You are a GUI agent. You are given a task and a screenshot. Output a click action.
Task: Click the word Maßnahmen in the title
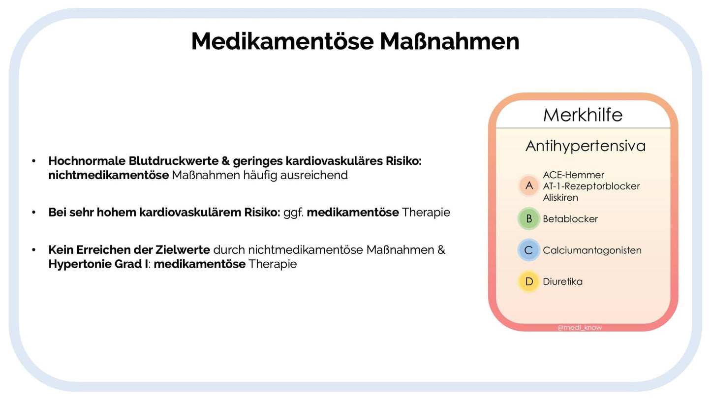point(449,41)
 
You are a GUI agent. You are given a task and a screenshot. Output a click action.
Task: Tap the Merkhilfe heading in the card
point(583,115)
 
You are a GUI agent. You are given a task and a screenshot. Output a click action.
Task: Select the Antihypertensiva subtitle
point(585,146)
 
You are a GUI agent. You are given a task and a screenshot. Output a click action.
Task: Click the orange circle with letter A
point(529,185)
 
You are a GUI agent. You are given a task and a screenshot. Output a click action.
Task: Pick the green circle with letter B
point(529,219)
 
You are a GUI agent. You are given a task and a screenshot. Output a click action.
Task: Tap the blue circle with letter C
point(529,250)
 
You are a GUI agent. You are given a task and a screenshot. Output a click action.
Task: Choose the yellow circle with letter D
point(529,281)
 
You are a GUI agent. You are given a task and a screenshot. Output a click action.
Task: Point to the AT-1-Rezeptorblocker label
point(591,186)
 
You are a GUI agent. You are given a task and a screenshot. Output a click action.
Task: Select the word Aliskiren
point(560,197)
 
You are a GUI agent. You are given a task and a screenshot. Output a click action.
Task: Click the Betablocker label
point(570,219)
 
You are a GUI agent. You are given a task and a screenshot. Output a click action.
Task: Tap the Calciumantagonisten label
point(592,250)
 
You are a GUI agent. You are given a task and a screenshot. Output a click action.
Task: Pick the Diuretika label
point(562,281)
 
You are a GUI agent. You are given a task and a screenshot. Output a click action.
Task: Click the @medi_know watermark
point(580,327)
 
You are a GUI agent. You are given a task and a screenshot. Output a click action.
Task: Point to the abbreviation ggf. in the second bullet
point(293,213)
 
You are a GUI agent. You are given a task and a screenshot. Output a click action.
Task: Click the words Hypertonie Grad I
point(98,264)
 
